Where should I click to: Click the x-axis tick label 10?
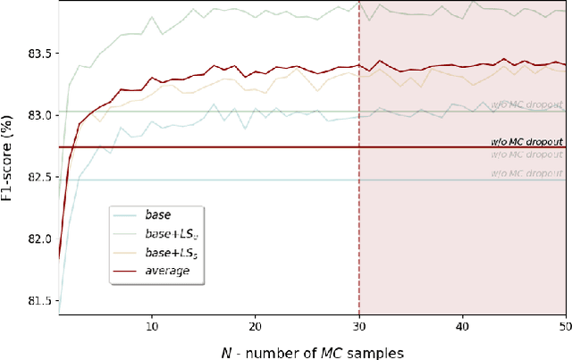pyautogui.click(x=152, y=320)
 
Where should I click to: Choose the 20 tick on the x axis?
pyautogui.click(x=256, y=320)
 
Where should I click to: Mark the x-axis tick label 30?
pyautogui.click(x=359, y=320)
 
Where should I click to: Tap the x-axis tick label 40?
pyautogui.click(x=463, y=320)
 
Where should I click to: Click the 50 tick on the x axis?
pyautogui.click(x=565, y=320)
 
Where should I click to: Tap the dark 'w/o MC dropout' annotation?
pyautogui.click(x=527, y=141)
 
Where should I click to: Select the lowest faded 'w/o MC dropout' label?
pyautogui.click(x=527, y=174)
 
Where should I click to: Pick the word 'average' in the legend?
pyautogui.click(x=174, y=270)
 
